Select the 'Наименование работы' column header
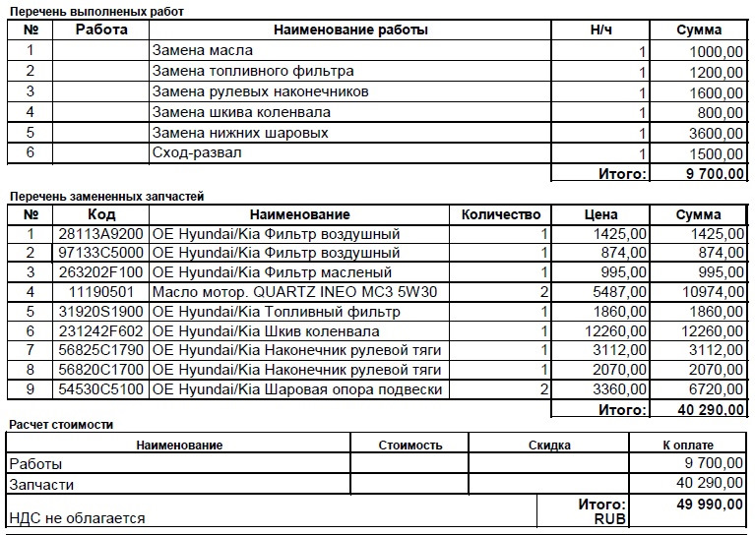coord(350,30)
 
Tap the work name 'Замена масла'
coord(202,50)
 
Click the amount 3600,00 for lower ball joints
coord(714,133)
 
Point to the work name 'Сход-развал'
coord(197,153)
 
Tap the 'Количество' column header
coord(501,214)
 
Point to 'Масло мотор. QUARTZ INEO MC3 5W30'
coord(293,292)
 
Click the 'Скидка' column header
coord(549,445)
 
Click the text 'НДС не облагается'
coord(77,518)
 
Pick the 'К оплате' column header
coord(688,445)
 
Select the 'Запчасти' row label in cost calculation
coord(40,484)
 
